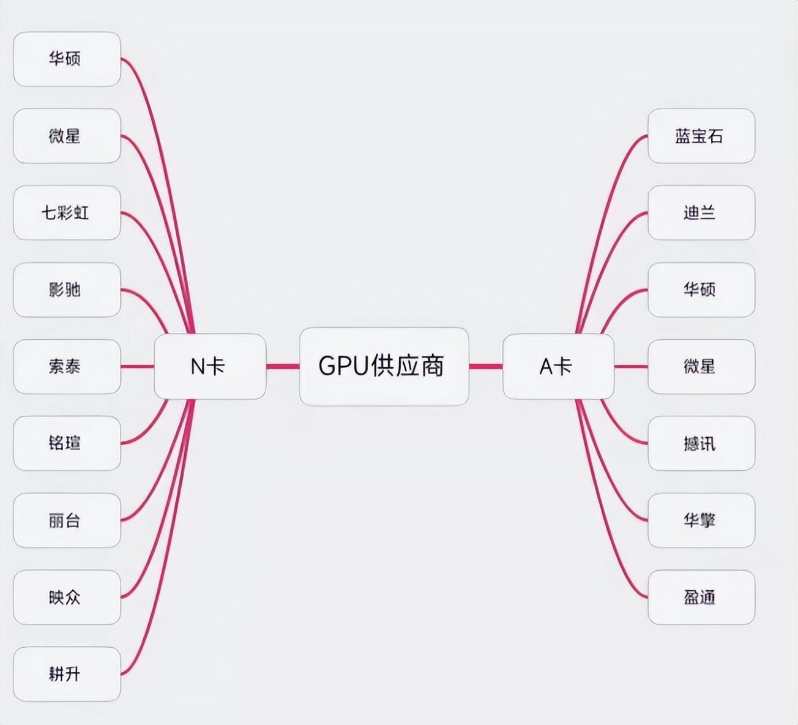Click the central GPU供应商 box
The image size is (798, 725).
384,366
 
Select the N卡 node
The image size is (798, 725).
210,366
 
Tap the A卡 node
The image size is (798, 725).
557,366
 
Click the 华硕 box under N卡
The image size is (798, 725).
67,59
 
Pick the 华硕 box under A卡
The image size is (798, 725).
701,290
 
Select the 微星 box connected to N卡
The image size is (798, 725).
67,136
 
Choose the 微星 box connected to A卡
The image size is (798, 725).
701,366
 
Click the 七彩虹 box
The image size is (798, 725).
67,212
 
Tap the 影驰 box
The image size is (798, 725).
67,290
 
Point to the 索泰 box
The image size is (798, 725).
67,366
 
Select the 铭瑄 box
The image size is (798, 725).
67,443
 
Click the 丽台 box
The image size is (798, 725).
67,520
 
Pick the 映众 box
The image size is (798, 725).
67,597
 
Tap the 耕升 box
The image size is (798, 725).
67,674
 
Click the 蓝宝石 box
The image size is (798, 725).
701,136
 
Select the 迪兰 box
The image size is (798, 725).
701,212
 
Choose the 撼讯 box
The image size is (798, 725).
701,443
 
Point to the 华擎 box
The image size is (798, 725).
701,520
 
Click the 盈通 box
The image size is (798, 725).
701,597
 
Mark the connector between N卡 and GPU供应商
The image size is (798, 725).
283,366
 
